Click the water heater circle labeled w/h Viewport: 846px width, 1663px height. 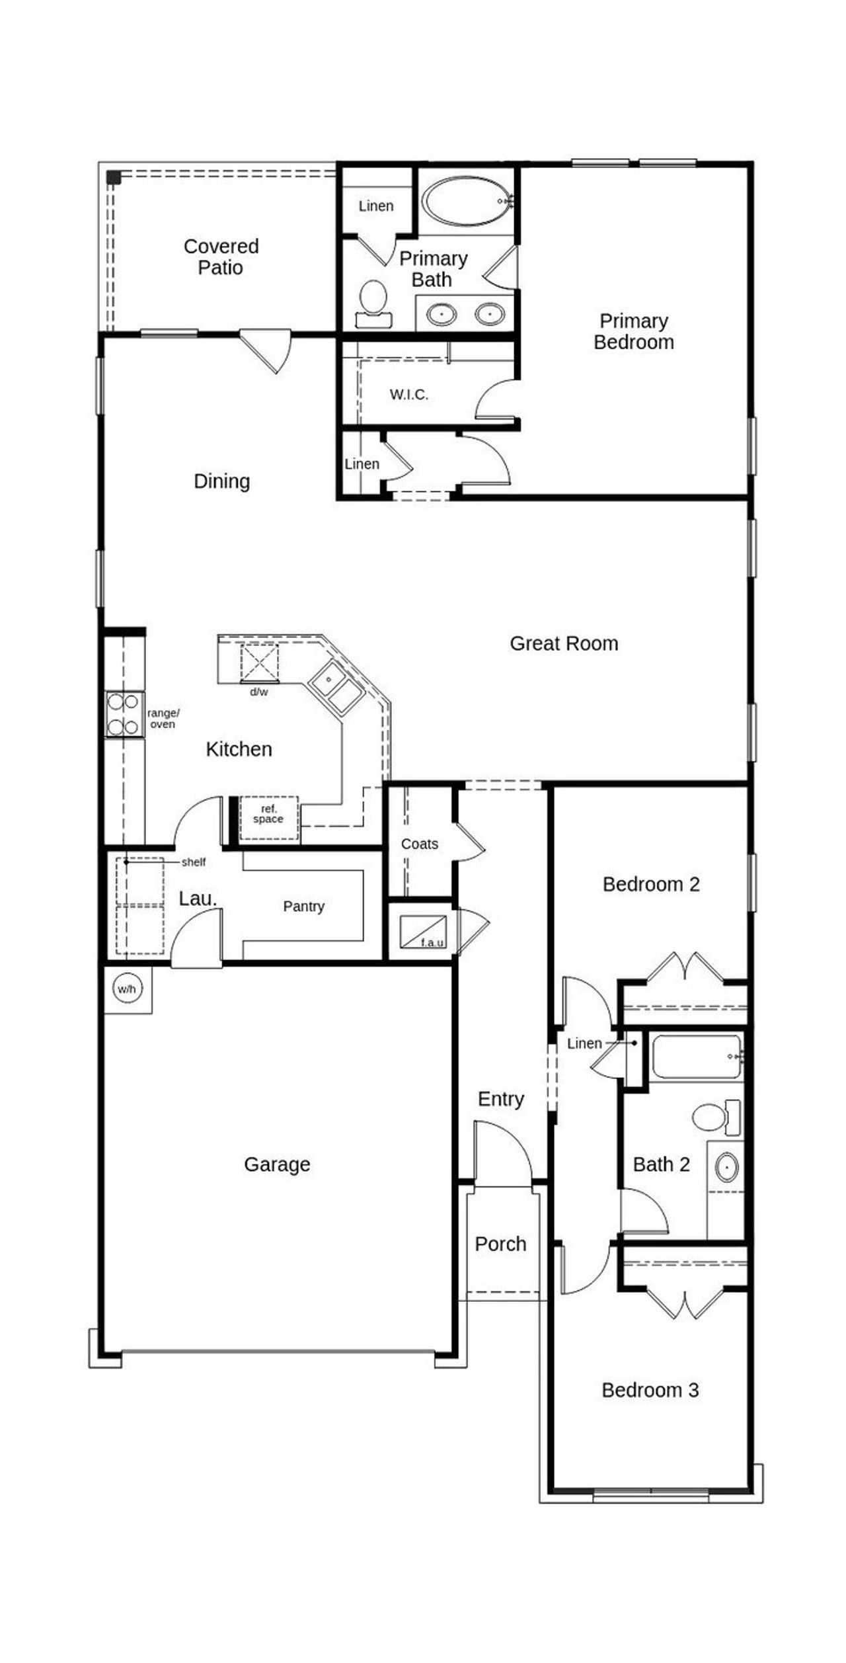click(126, 989)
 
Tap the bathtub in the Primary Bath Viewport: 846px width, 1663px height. click(467, 201)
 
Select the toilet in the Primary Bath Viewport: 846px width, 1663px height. click(373, 302)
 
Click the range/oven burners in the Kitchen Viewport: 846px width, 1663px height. click(124, 714)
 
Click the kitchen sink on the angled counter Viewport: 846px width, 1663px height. click(336, 686)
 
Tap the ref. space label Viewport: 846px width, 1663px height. click(268, 814)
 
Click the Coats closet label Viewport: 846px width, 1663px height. click(420, 844)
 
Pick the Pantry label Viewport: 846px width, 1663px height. click(303, 906)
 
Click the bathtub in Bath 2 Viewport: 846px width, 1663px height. click(696, 1057)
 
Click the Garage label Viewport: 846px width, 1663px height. click(277, 1164)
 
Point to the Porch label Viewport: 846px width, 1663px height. click(500, 1244)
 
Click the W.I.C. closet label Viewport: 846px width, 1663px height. click(409, 395)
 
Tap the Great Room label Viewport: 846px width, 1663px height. click(564, 643)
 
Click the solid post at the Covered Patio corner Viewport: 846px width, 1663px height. click(114, 177)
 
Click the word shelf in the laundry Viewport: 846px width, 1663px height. click(194, 862)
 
